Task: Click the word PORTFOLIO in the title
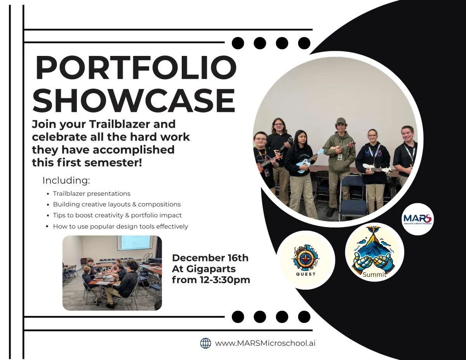point(136,68)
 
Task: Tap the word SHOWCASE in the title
point(134,100)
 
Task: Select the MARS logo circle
point(417,219)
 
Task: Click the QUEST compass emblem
point(306,260)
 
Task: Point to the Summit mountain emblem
point(374,252)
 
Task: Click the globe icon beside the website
point(205,343)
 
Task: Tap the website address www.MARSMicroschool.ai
point(265,343)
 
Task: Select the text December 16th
point(210,258)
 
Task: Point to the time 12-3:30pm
point(225,280)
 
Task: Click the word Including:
point(66,181)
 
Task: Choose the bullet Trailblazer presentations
point(92,194)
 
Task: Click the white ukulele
point(377,169)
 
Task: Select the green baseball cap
point(341,121)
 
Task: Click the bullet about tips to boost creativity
point(117,215)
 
